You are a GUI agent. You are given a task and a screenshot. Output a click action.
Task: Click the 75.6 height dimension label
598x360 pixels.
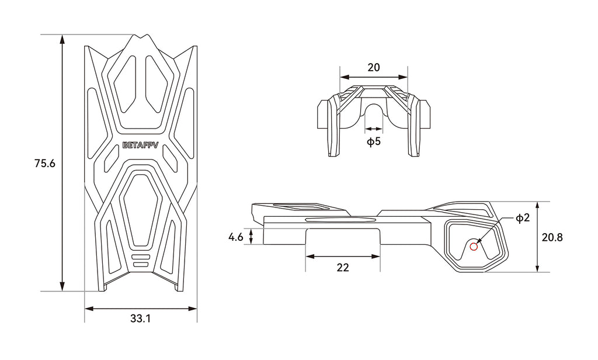44,164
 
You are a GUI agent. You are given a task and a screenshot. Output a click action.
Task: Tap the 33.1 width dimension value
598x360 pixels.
140,319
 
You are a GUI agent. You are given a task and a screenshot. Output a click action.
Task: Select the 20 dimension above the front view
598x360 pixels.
374,68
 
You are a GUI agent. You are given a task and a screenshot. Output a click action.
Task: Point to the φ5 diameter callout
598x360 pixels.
374,141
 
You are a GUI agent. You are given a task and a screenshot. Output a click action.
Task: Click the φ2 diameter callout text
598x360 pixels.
523,217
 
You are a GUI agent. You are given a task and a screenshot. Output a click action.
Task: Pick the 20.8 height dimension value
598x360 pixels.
552,237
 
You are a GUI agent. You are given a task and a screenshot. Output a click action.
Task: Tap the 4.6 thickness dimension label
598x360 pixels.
236,237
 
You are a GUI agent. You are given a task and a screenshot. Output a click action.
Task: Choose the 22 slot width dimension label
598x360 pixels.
343,268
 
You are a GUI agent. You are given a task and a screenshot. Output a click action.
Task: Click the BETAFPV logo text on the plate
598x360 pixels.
141,146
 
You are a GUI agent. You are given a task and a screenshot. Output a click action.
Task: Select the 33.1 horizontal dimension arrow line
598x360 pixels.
140,309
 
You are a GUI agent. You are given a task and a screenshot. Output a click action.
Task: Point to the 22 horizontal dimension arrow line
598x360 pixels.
343,257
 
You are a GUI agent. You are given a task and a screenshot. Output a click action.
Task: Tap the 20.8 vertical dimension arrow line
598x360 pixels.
537,237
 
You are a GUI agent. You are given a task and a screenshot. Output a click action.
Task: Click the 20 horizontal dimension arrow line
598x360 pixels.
374,77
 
